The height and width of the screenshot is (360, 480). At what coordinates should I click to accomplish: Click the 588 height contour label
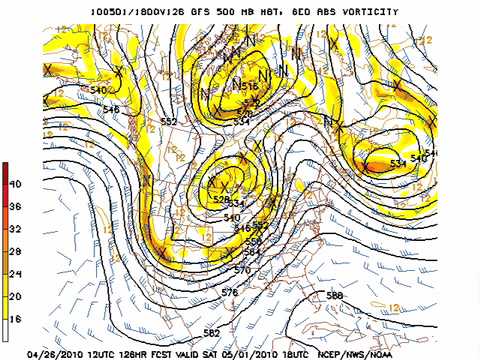pyautogui.click(x=334, y=296)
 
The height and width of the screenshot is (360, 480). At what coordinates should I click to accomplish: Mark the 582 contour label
pyautogui.click(x=211, y=332)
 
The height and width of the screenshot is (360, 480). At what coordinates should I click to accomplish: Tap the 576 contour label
pyautogui.click(x=229, y=292)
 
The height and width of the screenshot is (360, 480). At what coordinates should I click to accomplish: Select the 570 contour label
pyautogui.click(x=241, y=270)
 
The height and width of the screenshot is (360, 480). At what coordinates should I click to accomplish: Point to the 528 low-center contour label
pyautogui.click(x=221, y=200)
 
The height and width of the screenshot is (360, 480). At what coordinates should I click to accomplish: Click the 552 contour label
pyautogui.click(x=169, y=121)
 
